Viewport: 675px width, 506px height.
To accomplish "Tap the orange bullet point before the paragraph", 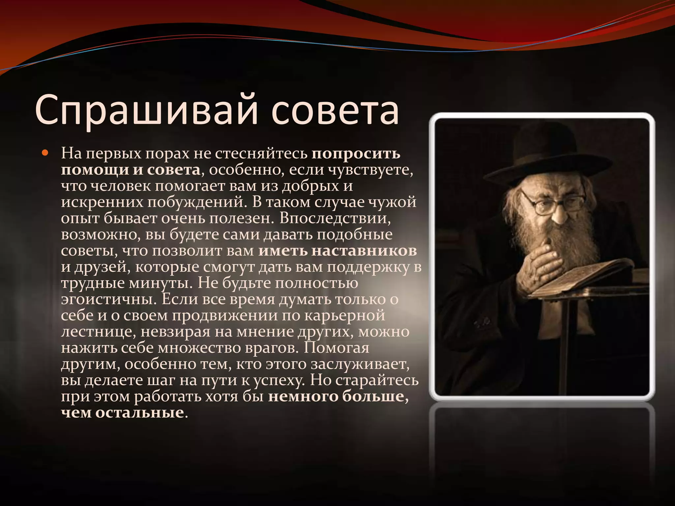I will pyautogui.click(x=45, y=153).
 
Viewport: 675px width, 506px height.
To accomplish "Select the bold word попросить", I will pyautogui.click(x=356, y=154).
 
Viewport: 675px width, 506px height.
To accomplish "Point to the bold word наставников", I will pyautogui.click(x=364, y=251).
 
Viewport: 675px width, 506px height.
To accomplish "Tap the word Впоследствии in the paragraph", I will pyautogui.click(x=336, y=219).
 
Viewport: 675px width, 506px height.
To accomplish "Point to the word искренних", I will pyautogui.click(x=102, y=202).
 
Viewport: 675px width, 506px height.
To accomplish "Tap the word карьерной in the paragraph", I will pyautogui.click(x=344, y=316).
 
